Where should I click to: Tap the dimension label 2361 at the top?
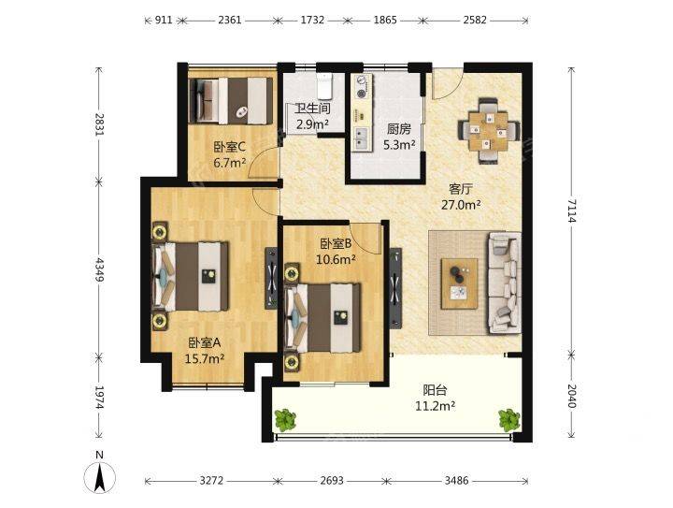click(230, 20)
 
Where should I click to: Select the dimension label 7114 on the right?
click(571, 210)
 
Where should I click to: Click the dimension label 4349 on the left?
click(100, 270)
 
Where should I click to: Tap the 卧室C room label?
click(230, 148)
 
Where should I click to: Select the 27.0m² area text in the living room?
click(461, 205)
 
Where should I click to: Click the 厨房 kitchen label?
click(399, 129)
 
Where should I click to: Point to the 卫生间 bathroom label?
click(312, 109)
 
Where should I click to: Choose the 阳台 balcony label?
click(436, 390)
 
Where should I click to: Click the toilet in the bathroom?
click(325, 85)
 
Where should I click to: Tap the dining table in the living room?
click(489, 131)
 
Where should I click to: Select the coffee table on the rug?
click(459, 283)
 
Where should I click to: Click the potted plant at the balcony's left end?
click(285, 419)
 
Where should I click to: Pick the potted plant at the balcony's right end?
click(509, 419)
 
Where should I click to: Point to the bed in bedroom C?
click(231, 101)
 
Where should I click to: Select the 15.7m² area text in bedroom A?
click(205, 358)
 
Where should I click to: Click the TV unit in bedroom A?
click(271, 278)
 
